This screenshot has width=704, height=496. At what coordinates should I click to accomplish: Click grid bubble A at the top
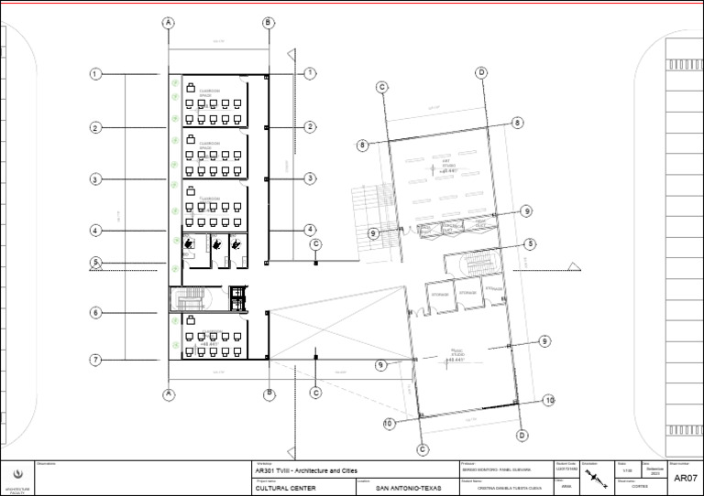click(x=169, y=22)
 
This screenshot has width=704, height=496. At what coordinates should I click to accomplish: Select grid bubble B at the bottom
click(x=269, y=394)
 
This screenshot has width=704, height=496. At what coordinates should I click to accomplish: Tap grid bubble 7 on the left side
click(x=95, y=361)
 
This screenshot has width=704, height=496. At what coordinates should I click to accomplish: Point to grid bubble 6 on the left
click(x=95, y=313)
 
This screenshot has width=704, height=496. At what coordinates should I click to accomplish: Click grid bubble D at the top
click(x=480, y=72)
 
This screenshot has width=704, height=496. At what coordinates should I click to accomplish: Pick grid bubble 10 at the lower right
click(x=549, y=400)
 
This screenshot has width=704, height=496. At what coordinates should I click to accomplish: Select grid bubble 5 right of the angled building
click(x=530, y=244)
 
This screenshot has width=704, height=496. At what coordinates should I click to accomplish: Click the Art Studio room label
click(x=448, y=166)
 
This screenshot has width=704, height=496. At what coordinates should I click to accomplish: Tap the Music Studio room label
click(x=456, y=355)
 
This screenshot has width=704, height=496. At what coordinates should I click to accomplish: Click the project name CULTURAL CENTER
click(x=285, y=489)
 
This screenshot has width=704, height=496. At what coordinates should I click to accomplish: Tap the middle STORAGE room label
click(x=468, y=294)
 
